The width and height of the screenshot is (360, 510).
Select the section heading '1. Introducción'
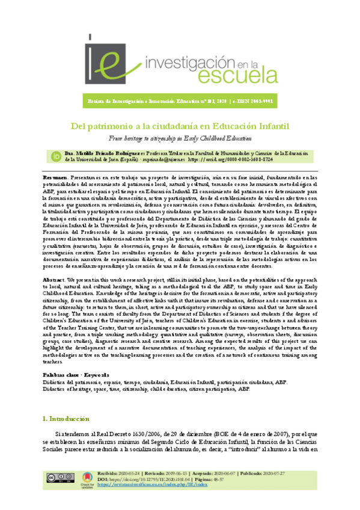coord(67,419)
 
